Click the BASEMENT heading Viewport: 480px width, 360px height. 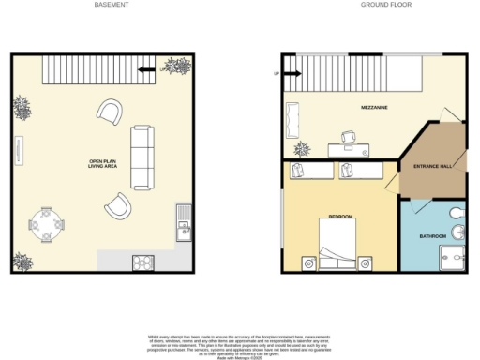112,5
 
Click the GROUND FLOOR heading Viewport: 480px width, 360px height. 377,5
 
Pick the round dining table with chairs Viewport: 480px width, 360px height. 46,224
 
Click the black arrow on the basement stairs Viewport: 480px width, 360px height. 145,68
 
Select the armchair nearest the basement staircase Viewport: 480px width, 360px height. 109,113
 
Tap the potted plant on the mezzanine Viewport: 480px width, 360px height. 302,148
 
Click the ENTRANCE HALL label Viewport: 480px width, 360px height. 433,166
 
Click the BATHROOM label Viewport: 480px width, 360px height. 432,236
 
